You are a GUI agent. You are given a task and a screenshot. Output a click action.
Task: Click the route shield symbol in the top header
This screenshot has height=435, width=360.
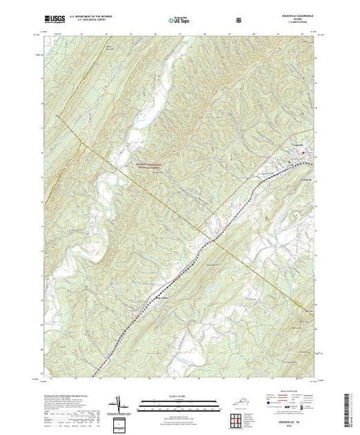(x=239, y=20)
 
